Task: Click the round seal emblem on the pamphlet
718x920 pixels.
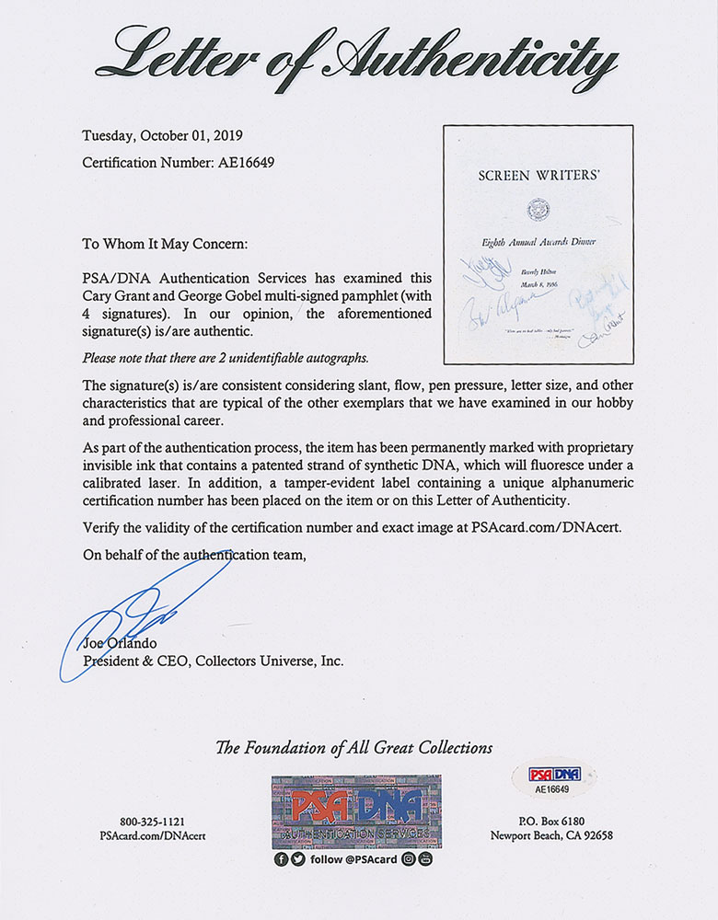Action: (535, 210)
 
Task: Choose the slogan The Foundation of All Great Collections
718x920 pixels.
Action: (353, 748)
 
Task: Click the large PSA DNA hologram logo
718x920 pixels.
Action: (356, 811)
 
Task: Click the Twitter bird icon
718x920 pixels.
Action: (296, 861)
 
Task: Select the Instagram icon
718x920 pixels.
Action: (410, 861)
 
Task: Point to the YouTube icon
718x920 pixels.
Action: (425, 861)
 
